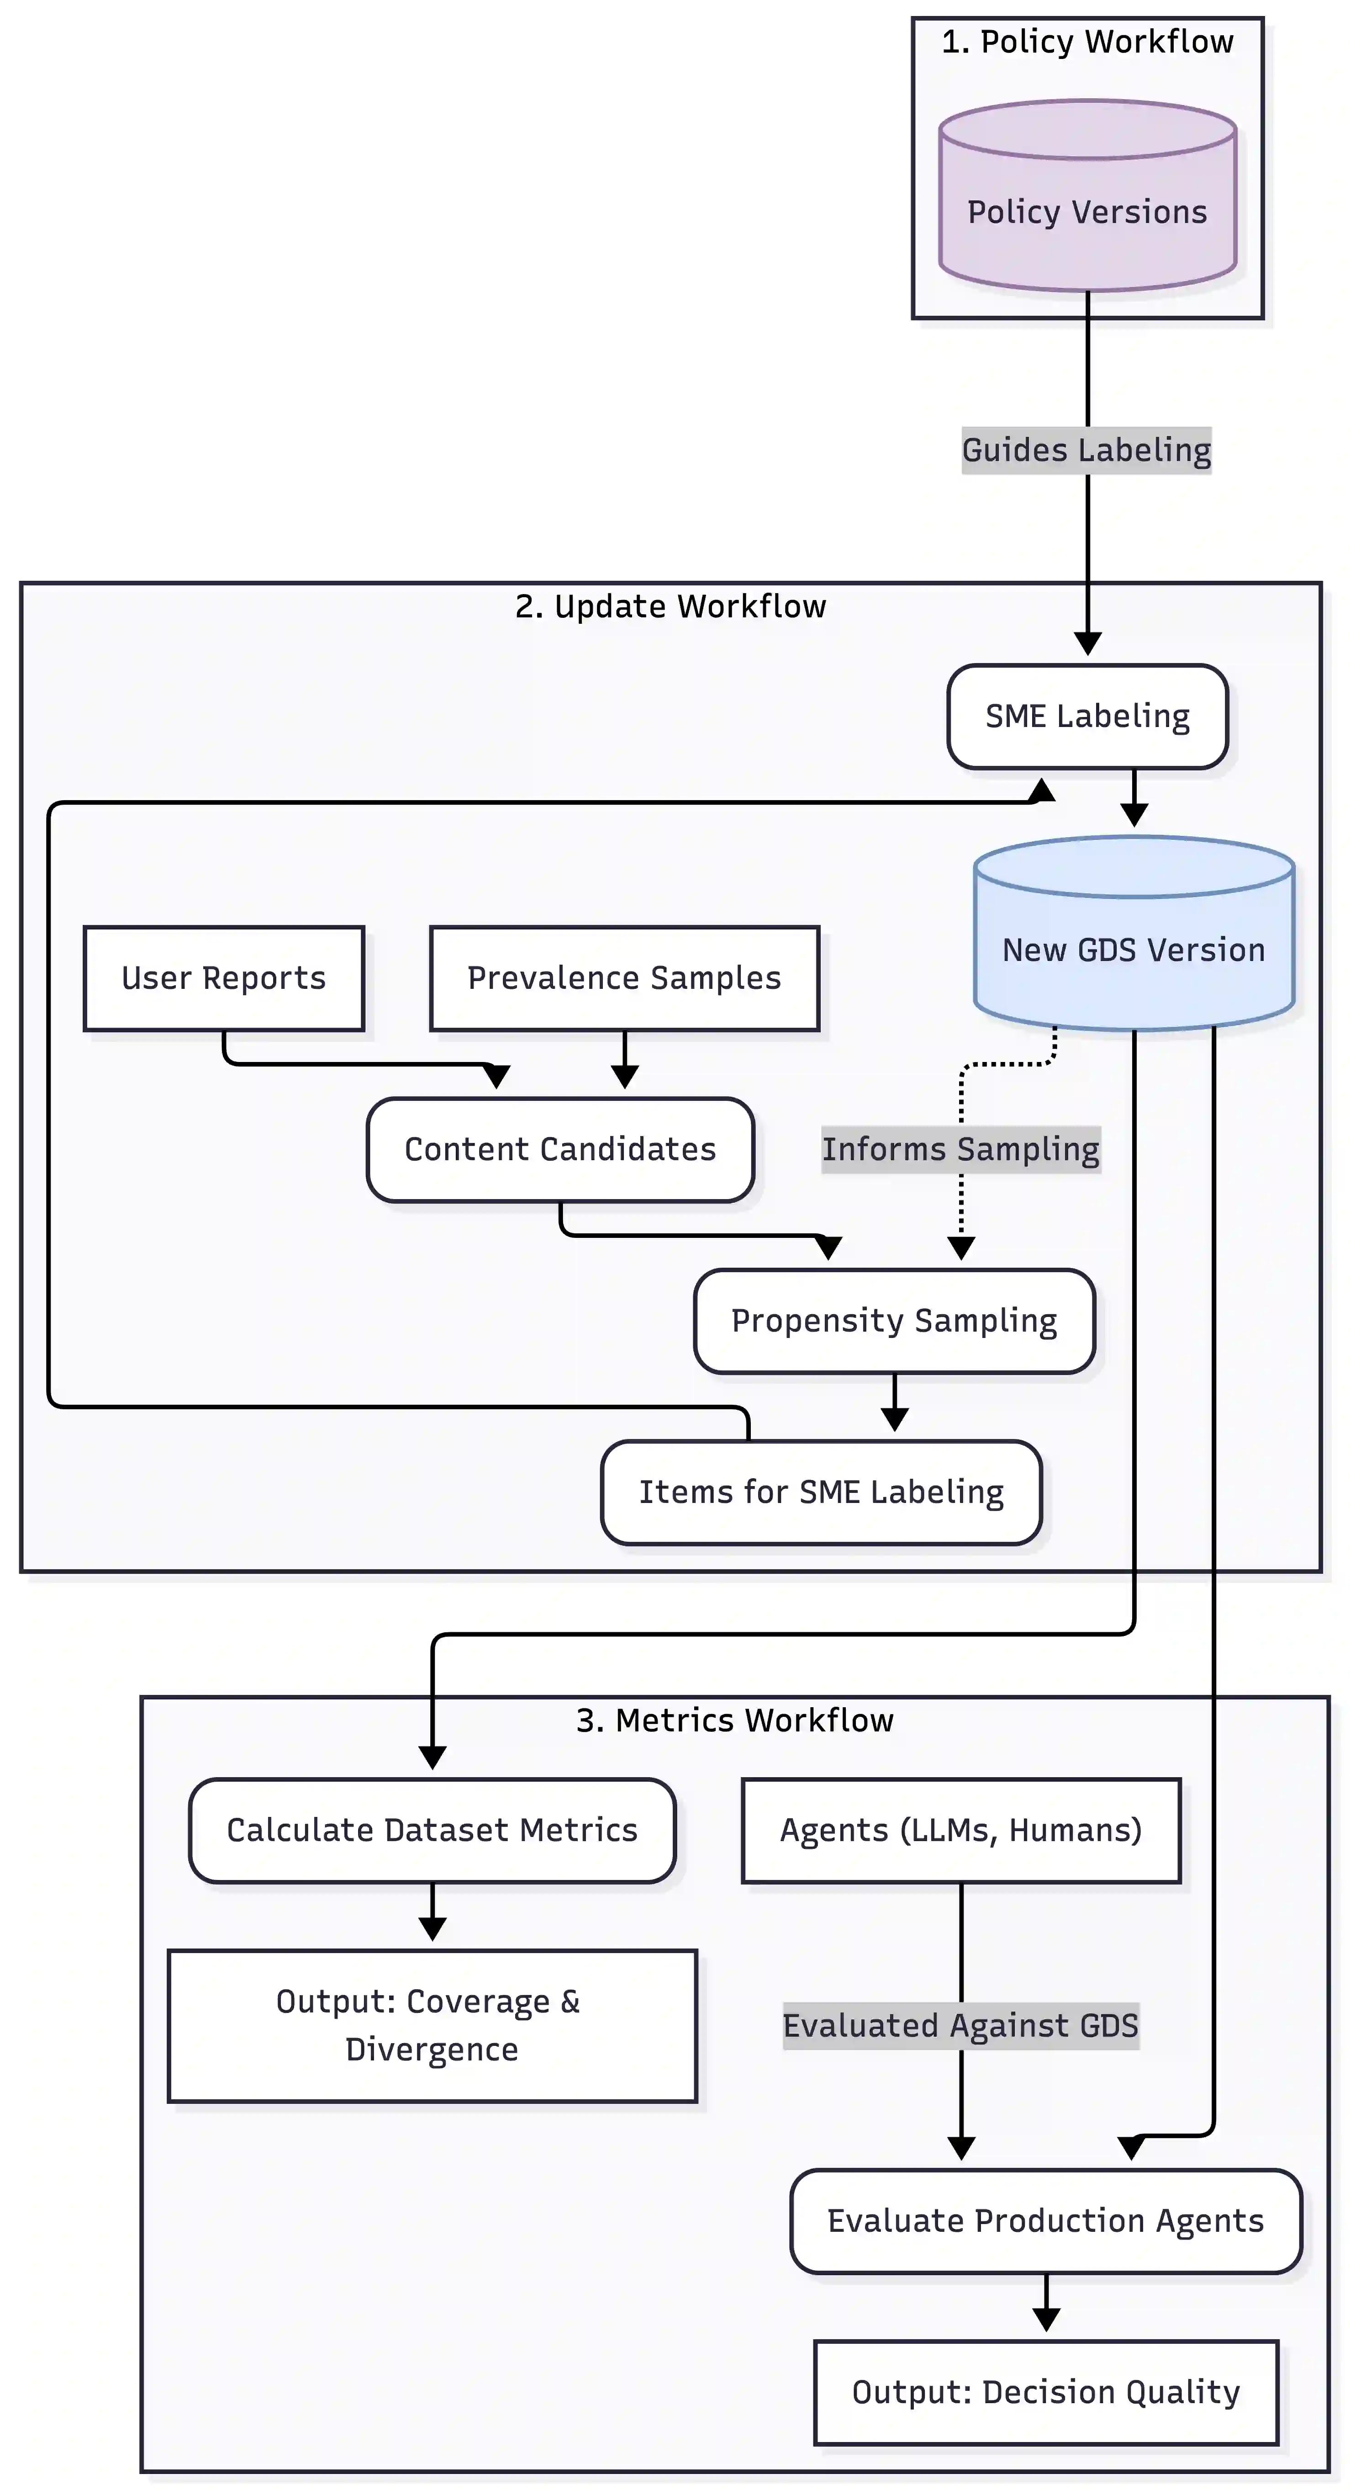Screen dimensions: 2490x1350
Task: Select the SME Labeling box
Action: pyautogui.click(x=1087, y=716)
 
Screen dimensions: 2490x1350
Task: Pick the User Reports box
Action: pyautogui.click(x=223, y=978)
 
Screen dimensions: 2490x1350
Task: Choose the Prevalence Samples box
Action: pyautogui.click(x=624, y=978)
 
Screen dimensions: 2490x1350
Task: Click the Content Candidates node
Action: pyautogui.click(x=559, y=1149)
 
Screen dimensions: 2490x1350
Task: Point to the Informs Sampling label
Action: pyautogui.click(x=960, y=1149)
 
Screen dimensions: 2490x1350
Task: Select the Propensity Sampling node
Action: pyautogui.click(x=894, y=1320)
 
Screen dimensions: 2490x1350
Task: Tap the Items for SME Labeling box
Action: pyautogui.click(x=820, y=1492)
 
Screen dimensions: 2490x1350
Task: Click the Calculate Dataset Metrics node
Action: pyautogui.click(x=432, y=1830)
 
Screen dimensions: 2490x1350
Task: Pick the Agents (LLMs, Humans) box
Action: pyautogui.click(x=960, y=1830)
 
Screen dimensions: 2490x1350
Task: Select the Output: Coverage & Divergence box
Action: pyautogui.click(x=432, y=2025)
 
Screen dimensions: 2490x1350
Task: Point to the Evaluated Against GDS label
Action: pyautogui.click(x=960, y=2025)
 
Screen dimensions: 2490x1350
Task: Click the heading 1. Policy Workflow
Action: pyautogui.click(x=1087, y=42)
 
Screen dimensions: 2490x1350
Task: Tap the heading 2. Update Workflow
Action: pyautogui.click(x=670, y=606)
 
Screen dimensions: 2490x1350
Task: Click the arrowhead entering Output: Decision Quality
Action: pyautogui.click(x=1045, y=2320)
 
